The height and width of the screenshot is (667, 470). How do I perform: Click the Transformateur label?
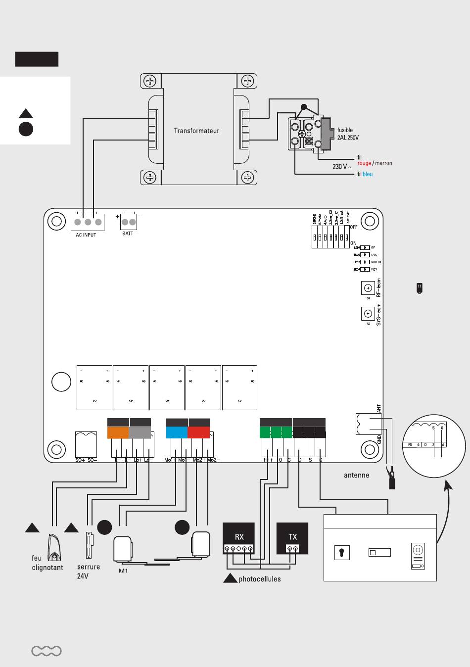coord(196,131)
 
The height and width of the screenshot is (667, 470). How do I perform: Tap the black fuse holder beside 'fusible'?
coord(327,133)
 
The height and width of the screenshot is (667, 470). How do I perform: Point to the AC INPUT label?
coord(86,235)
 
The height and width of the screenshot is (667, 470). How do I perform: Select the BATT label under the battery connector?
coord(128,234)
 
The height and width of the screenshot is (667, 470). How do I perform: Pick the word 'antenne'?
coord(356,475)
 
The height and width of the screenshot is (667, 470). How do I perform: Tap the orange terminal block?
coord(118,432)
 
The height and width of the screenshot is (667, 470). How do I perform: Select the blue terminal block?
coord(177,432)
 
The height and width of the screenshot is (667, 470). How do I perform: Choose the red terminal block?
coord(199,432)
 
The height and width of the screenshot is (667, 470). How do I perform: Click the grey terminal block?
coord(140,432)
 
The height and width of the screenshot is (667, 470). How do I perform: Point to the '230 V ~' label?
coord(342,167)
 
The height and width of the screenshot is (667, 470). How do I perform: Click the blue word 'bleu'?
coord(368,174)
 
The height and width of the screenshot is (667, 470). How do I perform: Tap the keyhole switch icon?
coord(342,553)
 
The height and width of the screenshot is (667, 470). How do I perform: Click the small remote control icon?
coord(420,288)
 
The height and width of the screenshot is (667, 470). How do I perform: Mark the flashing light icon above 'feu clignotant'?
coord(53,547)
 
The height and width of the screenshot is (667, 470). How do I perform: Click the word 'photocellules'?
coord(259,579)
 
